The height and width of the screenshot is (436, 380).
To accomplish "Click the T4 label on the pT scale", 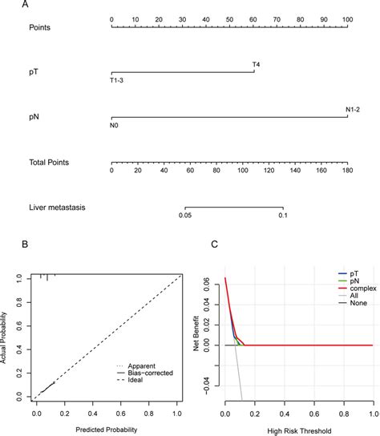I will pos(256,64).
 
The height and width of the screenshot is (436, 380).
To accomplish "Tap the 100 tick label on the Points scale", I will pos(346,17).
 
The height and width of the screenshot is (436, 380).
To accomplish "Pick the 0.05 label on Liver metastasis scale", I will pos(185,215).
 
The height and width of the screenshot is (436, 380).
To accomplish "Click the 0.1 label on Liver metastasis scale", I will pos(282,215).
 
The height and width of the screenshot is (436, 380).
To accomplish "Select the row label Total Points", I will pos(49,162).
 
